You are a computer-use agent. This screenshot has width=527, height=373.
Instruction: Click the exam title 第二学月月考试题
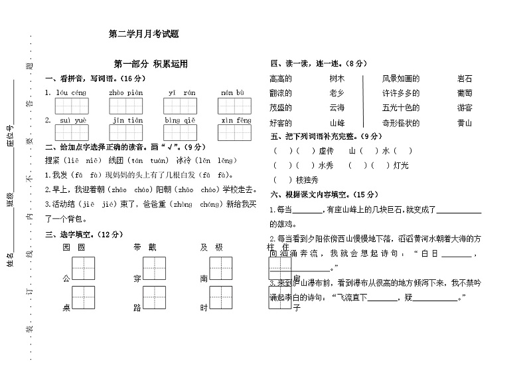pos(144,33)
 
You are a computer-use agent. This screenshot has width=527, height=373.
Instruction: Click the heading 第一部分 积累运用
pos(151,64)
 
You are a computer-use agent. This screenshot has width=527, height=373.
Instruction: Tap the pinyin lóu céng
pos(71,92)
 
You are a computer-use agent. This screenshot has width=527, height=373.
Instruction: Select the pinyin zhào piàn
pos(126,92)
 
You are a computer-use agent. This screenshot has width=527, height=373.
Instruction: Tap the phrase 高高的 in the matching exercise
pos(281,78)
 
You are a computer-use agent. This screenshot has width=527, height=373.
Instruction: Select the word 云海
pos(337,108)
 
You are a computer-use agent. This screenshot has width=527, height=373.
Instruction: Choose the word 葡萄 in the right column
pos(465,93)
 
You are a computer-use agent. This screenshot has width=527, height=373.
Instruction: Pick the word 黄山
pos(465,122)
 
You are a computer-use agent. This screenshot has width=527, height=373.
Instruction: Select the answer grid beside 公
pos(84,269)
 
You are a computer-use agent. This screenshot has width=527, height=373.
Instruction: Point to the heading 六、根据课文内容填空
pos(318,194)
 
